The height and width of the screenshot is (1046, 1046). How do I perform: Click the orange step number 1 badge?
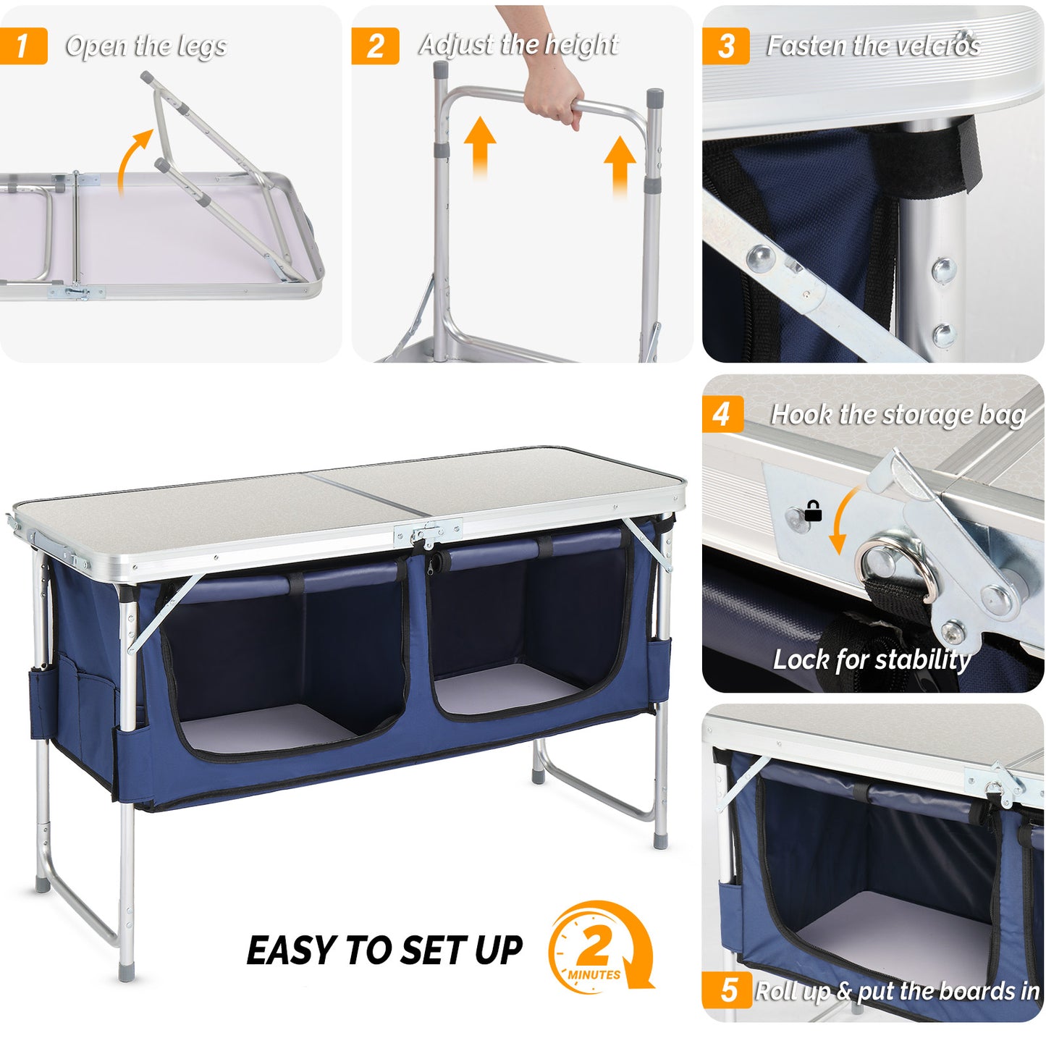[x=22, y=46]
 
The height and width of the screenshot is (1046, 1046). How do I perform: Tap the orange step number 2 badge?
[x=374, y=46]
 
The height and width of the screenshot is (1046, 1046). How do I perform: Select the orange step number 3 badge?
[x=725, y=46]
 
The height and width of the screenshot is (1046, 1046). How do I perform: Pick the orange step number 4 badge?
[x=722, y=415]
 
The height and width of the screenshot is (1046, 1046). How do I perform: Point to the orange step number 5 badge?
[x=727, y=990]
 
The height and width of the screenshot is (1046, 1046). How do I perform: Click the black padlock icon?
[x=813, y=511]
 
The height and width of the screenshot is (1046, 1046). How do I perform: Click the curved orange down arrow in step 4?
[x=843, y=521]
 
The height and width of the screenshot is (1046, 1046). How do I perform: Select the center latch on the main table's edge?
[x=427, y=534]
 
